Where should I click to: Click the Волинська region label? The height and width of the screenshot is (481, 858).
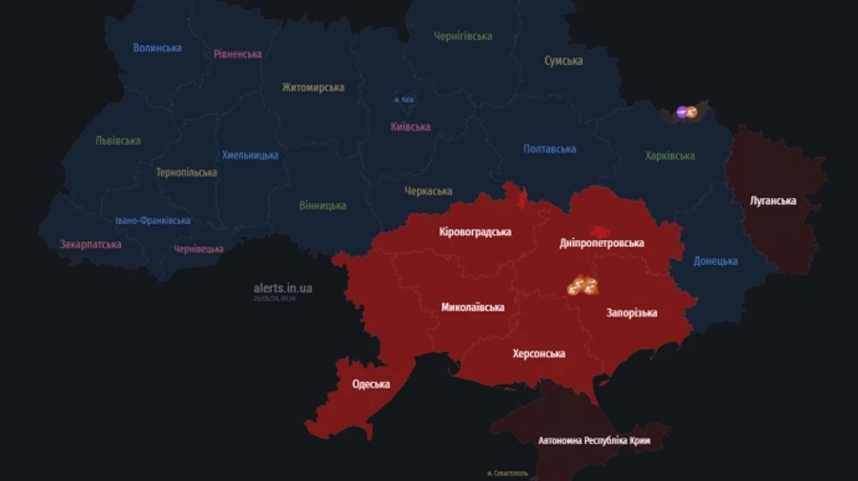click(x=157, y=48)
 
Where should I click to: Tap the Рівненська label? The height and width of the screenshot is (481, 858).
click(x=237, y=54)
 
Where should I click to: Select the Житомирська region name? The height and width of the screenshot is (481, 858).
click(x=313, y=88)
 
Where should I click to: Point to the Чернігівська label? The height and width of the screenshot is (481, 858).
click(x=463, y=36)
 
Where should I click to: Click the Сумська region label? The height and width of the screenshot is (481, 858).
click(x=563, y=61)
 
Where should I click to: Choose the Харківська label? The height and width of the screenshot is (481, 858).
click(x=669, y=156)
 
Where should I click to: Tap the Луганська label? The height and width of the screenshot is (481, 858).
click(x=772, y=201)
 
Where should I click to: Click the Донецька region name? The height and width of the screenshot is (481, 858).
click(x=715, y=261)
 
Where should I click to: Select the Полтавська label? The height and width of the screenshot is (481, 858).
click(x=550, y=150)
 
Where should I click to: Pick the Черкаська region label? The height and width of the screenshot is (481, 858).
click(x=428, y=191)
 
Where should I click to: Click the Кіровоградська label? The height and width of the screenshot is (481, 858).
click(x=475, y=232)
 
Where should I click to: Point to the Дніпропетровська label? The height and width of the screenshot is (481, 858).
click(x=602, y=243)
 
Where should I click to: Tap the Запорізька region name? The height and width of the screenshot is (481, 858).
click(x=631, y=312)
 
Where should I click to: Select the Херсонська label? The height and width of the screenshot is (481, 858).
click(x=539, y=353)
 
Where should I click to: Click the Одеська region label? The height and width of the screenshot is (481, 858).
click(x=371, y=385)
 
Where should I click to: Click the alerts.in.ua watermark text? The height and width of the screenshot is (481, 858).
click(x=283, y=288)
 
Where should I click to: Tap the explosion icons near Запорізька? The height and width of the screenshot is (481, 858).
click(x=582, y=285)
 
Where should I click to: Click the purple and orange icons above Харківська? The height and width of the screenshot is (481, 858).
click(x=686, y=112)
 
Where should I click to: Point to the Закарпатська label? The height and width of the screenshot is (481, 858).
click(x=91, y=245)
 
